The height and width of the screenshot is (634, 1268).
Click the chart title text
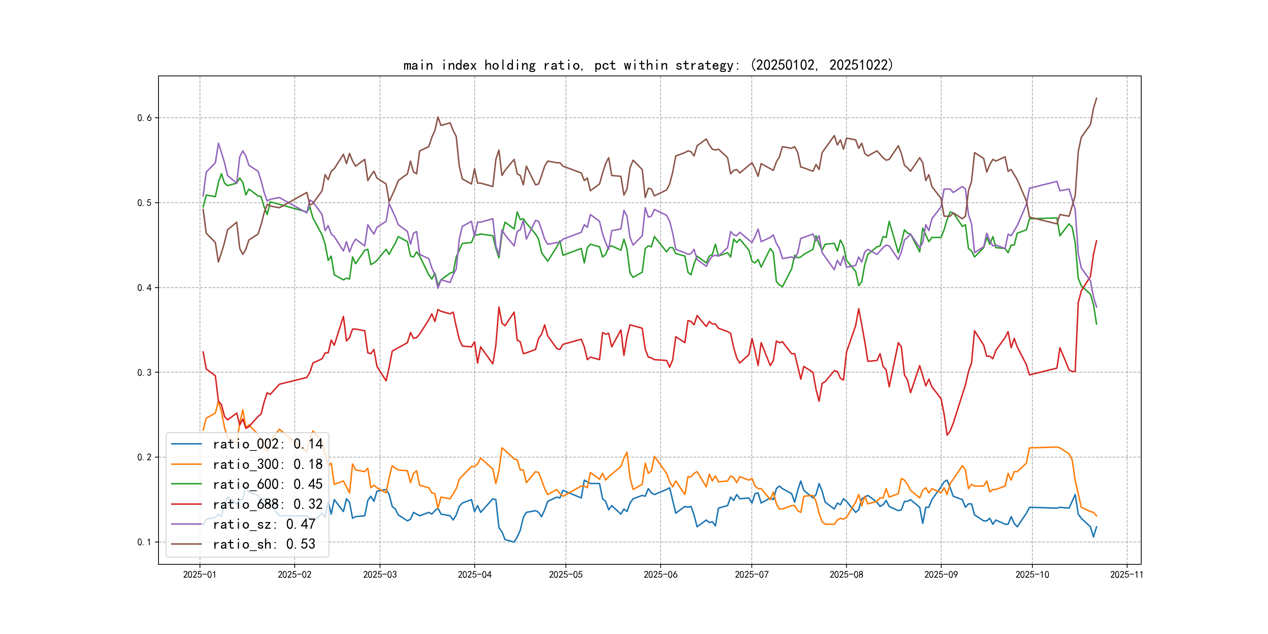pos(648,65)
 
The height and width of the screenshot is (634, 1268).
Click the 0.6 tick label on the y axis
pos(144,118)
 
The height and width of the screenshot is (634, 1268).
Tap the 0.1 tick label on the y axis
pos(144,542)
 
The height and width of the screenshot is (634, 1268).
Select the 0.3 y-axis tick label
pos(144,373)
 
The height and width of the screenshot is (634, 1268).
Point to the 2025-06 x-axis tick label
pos(660,575)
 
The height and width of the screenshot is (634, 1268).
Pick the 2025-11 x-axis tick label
pos(1126,575)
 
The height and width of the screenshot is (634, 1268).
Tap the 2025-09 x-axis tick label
pos(941,575)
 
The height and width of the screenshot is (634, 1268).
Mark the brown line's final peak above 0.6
pos(1096,98)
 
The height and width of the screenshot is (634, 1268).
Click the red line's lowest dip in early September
pos(947,435)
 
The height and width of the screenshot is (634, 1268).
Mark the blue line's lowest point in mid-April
pos(514,542)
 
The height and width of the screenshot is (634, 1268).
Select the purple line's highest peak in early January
pos(218,143)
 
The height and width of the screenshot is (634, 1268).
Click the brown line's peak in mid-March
pos(438,117)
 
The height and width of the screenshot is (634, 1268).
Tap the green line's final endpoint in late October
pos(1096,324)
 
